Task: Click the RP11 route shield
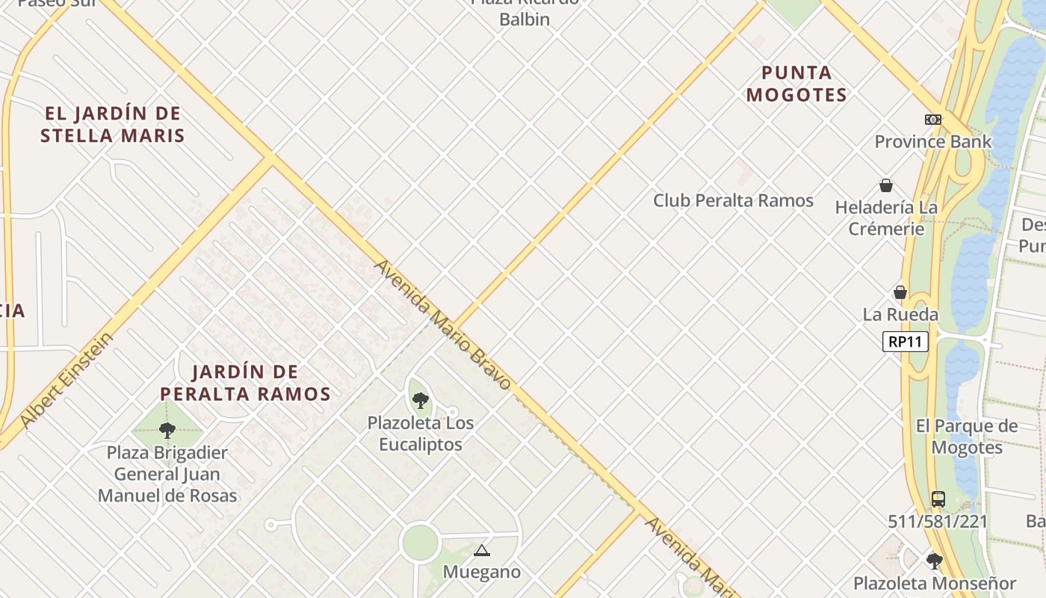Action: [x=905, y=342]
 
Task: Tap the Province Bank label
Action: [x=933, y=141]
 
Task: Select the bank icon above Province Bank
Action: [x=932, y=120]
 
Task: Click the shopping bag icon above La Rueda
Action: [x=900, y=292]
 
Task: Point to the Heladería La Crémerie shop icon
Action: [x=886, y=185]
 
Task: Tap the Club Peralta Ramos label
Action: [x=733, y=200]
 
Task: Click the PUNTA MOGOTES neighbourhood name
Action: [x=796, y=84]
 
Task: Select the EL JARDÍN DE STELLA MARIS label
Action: [x=113, y=125]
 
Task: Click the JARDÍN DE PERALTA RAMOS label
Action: [x=245, y=383]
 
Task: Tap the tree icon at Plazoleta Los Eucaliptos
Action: [x=421, y=401]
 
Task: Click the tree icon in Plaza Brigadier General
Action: [x=167, y=430]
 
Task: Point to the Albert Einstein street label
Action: [x=67, y=380]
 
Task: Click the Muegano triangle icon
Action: [x=481, y=552]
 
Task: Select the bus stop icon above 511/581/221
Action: [x=938, y=499]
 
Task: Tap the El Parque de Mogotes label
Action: [x=967, y=437]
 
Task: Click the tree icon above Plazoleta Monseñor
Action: [x=934, y=561]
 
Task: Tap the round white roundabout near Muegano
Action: [x=419, y=543]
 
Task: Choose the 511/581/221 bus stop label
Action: [x=938, y=521]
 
